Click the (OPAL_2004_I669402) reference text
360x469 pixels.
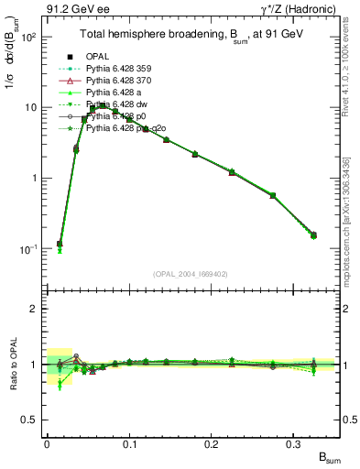[x=184, y=273]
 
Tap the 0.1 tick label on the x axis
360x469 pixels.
[x=129, y=443]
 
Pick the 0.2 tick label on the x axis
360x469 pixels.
[x=212, y=443]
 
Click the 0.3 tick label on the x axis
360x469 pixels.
[x=293, y=443]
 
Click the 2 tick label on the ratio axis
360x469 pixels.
[x=36, y=309]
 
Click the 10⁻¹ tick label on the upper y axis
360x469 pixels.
[x=30, y=248]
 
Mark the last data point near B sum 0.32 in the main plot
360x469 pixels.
[x=313, y=235]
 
